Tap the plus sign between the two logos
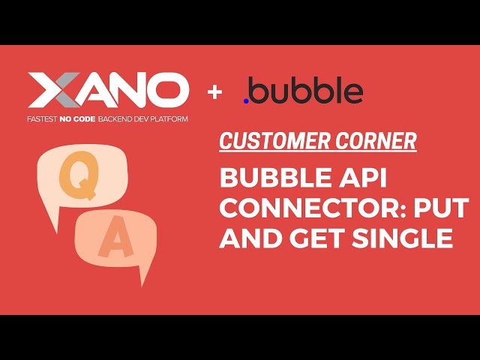[x=216, y=92]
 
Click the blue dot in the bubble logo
[x=247, y=100]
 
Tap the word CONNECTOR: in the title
[x=299, y=209]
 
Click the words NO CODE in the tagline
[x=88, y=119]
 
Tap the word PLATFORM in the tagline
[x=166, y=119]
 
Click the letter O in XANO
[x=166, y=91]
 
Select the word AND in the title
[x=248, y=238]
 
